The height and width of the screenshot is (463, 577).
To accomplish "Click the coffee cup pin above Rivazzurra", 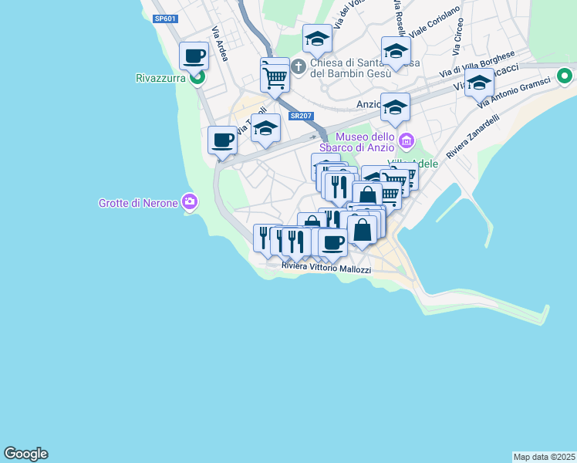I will click(x=194, y=56).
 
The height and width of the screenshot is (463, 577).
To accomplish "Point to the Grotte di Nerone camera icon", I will click(x=189, y=203).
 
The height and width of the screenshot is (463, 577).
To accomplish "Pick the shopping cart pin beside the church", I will click(x=275, y=76).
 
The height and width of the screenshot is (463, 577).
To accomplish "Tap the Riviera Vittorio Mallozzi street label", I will click(x=326, y=268).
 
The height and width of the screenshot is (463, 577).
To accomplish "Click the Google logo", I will click(x=25, y=454).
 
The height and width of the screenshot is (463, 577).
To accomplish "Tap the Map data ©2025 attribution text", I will click(x=544, y=457).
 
